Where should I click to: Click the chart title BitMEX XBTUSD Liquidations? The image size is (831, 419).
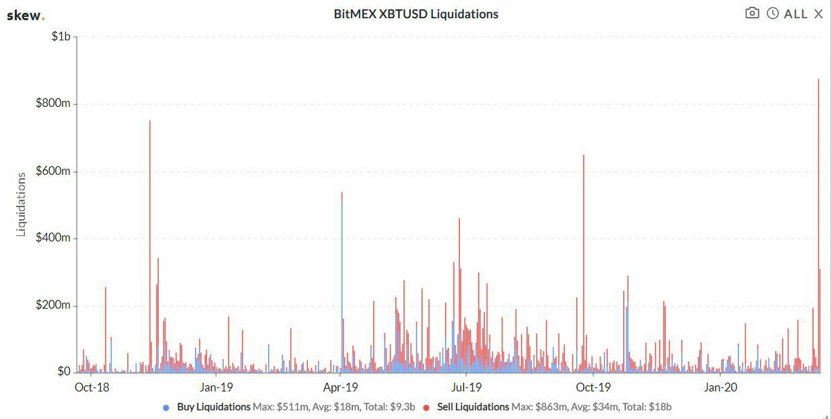[x=415, y=14]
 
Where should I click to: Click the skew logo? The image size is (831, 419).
[x=25, y=15]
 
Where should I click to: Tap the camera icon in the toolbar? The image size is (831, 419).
[x=752, y=13]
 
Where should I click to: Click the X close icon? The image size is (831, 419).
[x=818, y=14]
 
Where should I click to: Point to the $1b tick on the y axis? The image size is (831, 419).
[x=61, y=36]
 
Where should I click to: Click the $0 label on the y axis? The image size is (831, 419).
[x=64, y=372]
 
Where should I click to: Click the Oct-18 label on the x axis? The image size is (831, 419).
[x=91, y=387]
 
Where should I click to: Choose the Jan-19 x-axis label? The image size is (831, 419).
[x=216, y=387]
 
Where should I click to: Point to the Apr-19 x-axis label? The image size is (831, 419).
[x=341, y=387]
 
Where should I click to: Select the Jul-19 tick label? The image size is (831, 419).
[x=466, y=387]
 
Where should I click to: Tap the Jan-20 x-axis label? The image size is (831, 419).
[x=720, y=387]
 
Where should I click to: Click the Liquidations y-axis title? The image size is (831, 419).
[x=21, y=204]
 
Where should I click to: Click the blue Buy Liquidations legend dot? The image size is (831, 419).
[x=166, y=408]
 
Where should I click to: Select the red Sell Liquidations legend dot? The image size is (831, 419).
[x=426, y=408]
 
